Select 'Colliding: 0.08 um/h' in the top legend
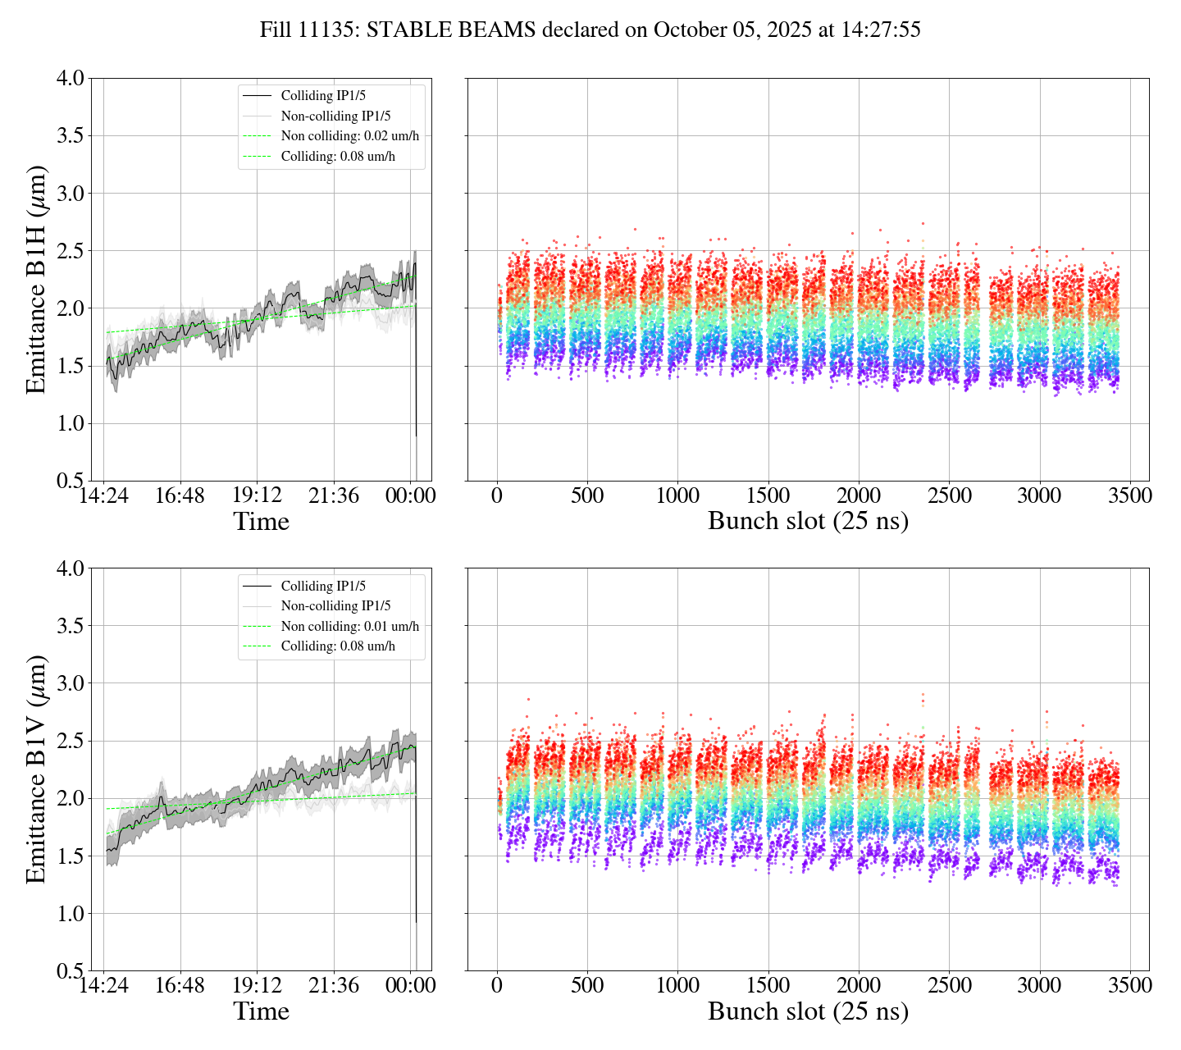(x=338, y=156)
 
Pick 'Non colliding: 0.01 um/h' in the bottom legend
(x=349, y=626)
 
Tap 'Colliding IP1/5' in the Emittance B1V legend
(x=323, y=586)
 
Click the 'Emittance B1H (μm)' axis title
(x=36, y=280)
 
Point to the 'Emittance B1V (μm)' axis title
(x=36, y=769)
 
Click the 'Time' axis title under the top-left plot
(x=261, y=522)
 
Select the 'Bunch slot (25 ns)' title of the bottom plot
(x=808, y=1011)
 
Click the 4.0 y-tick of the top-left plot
(x=70, y=79)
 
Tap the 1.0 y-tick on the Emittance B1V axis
(x=70, y=914)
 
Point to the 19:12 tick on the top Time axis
(x=257, y=495)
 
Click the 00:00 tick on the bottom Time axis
(x=411, y=985)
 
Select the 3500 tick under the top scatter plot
(x=1129, y=495)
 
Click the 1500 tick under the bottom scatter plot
(x=768, y=985)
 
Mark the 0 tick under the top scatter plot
(x=497, y=495)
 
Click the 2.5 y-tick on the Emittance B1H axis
(x=70, y=251)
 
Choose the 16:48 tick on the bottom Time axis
(x=180, y=985)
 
